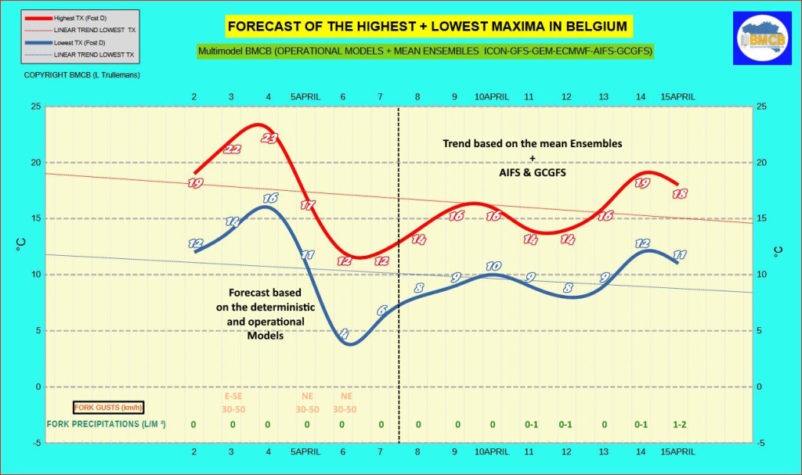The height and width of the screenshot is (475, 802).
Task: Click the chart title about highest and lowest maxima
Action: pos(428,27)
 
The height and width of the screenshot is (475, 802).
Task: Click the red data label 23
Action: pos(269,139)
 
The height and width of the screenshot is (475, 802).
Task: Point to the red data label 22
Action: pos(232,149)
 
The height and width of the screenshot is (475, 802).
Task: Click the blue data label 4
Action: pos(344,334)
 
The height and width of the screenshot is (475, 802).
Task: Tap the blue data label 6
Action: pos(381,311)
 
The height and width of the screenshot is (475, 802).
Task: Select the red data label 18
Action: pos(680,194)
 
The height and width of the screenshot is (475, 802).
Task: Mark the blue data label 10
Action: pos(493,266)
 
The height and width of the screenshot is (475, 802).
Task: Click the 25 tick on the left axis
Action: pos(34,107)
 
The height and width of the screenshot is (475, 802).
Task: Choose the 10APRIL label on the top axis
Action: pos(492,96)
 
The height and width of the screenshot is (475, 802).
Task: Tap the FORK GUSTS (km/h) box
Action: pos(108,407)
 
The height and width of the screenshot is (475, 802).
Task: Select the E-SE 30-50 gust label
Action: pos(232,403)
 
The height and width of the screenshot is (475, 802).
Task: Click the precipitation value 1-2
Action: pos(680,424)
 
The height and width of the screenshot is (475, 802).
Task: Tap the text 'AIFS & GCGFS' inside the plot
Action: pos(533,171)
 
